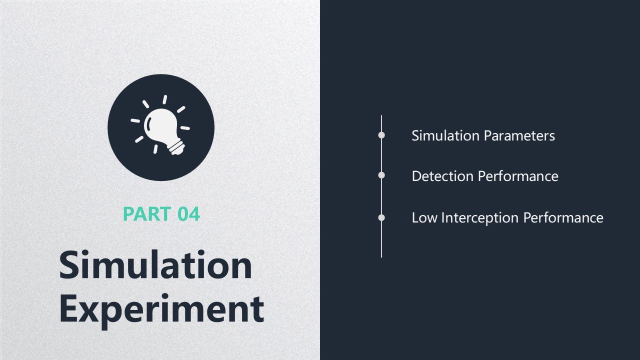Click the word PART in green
(147, 213)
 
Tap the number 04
(188, 213)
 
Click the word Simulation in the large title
(155, 264)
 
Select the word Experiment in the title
(161, 310)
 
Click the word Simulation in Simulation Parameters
(445, 135)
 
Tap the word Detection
(442, 176)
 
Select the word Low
(424, 217)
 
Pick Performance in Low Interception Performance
(563, 217)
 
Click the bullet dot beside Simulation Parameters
(381, 135)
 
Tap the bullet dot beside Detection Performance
(381, 175)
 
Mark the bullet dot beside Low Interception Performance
(381, 217)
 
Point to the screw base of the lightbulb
(176, 147)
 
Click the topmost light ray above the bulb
(165, 99)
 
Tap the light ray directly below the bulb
(155, 149)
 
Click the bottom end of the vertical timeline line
(381, 257)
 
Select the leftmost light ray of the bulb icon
(135, 120)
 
